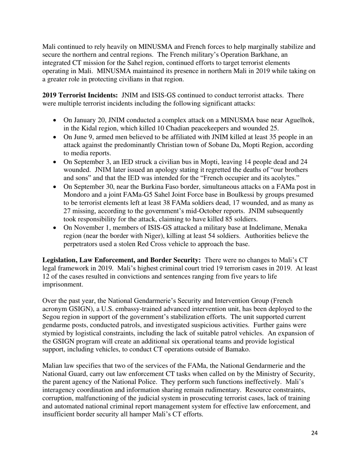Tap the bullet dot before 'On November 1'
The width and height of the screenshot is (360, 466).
[x=56, y=228]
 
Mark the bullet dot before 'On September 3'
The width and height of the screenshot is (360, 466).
[x=56, y=162]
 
